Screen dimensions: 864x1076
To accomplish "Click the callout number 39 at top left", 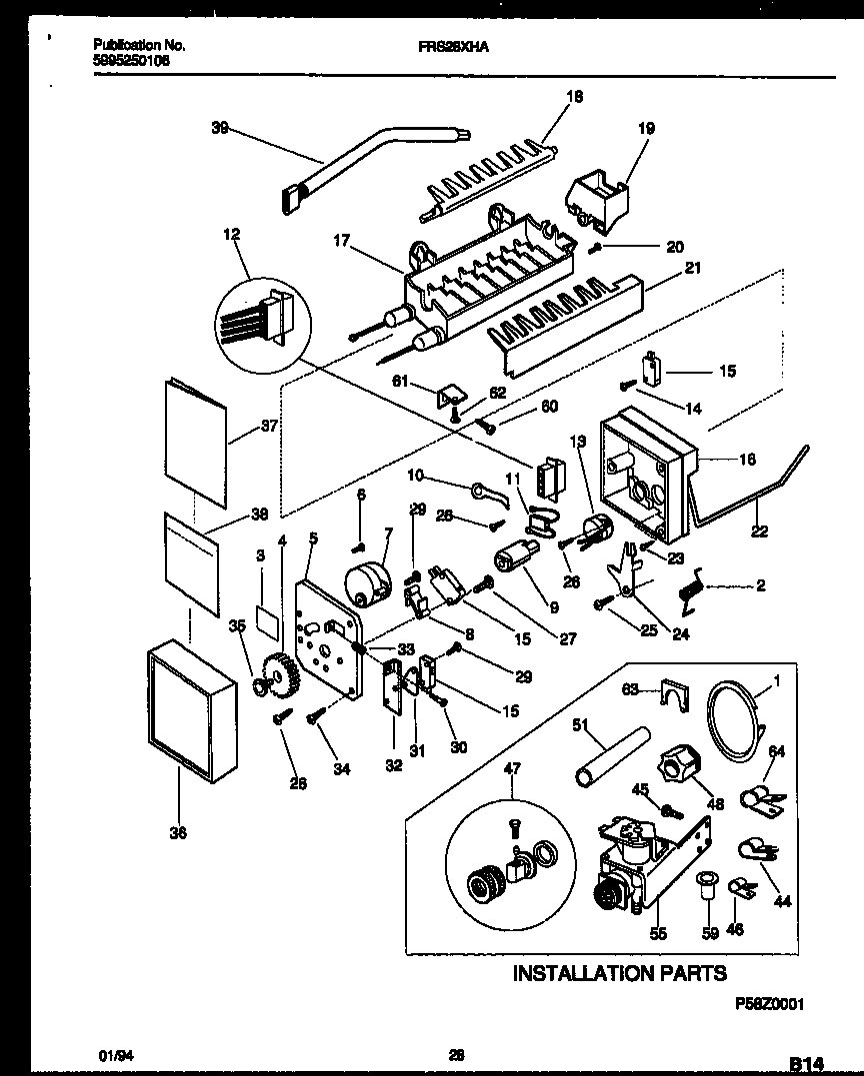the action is (220, 127).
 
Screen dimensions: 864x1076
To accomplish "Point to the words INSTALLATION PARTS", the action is (619, 972).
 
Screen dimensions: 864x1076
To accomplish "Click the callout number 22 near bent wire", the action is (760, 531).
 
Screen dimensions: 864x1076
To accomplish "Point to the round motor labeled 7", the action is (363, 579).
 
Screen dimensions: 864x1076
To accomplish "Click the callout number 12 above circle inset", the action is (232, 233).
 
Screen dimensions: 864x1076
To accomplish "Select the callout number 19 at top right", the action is (646, 128).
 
